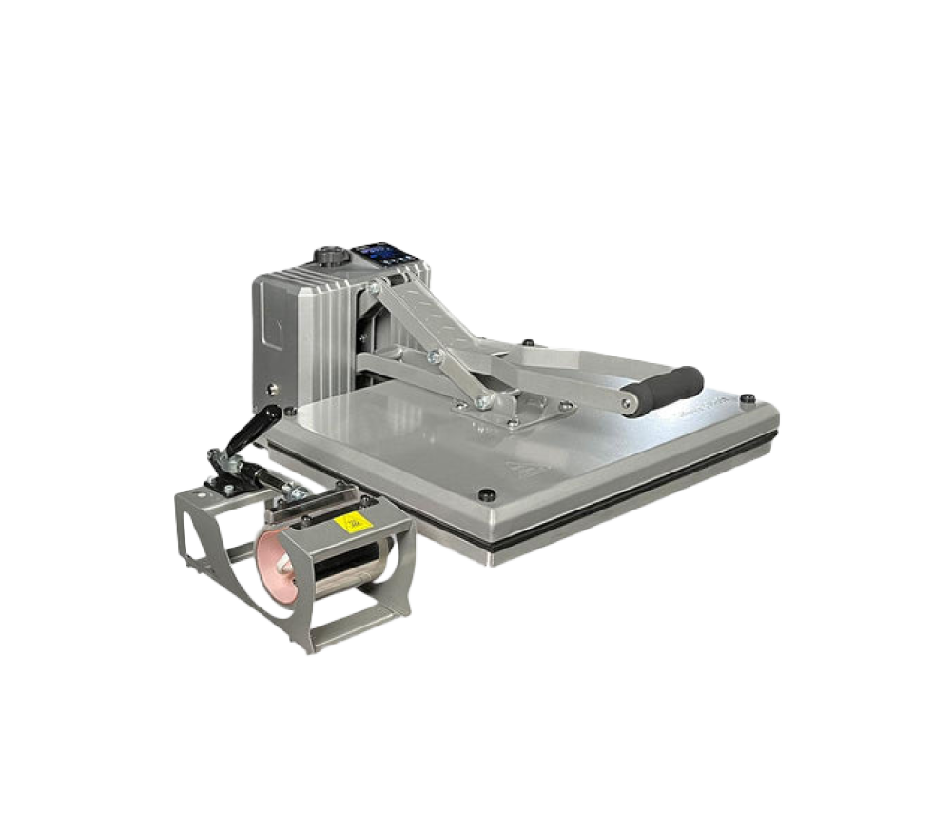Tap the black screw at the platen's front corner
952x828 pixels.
pos(487,493)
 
